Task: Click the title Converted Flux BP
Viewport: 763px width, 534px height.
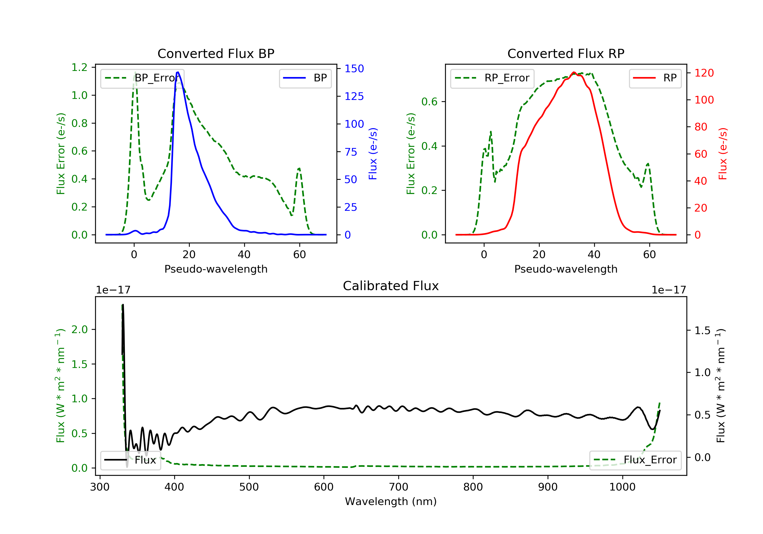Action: (x=216, y=53)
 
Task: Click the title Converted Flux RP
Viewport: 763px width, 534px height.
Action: (x=566, y=53)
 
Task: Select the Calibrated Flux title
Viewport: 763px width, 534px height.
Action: (x=391, y=286)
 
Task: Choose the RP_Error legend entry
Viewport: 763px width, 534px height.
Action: (x=492, y=78)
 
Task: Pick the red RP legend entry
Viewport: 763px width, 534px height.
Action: (x=655, y=78)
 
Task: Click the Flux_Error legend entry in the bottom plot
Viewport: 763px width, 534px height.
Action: (x=635, y=460)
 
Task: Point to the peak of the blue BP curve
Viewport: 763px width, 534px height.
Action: (x=178, y=72)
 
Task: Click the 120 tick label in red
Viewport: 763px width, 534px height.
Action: (x=704, y=73)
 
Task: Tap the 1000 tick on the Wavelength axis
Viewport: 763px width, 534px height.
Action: (x=622, y=487)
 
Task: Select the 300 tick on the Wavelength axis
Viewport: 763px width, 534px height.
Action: (x=100, y=487)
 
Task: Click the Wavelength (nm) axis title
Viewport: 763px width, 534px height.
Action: (x=391, y=501)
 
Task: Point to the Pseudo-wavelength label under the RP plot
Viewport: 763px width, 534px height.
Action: (x=566, y=269)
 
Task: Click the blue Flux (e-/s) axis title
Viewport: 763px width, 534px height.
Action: (x=373, y=154)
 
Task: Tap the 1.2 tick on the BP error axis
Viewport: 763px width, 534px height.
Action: (x=79, y=67)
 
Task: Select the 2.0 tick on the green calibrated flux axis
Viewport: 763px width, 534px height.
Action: (x=79, y=330)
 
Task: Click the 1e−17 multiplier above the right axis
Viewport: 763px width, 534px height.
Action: (x=669, y=290)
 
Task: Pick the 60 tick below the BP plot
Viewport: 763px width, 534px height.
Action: (x=299, y=255)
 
